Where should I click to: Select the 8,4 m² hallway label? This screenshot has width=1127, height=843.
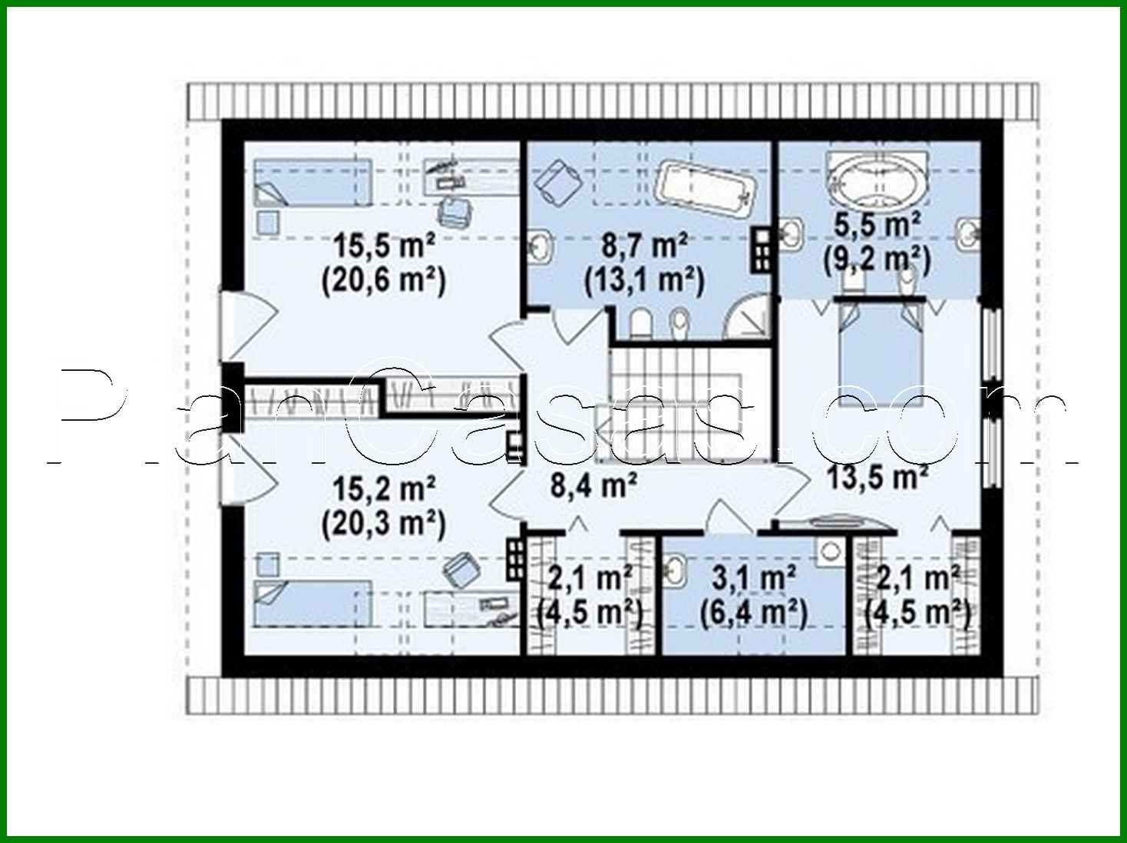coord(593,485)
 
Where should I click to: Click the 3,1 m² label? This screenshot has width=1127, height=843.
coord(752,577)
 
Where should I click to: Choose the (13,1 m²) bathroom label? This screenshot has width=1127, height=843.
coord(644,281)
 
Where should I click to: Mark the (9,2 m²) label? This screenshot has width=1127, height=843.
coord(877,260)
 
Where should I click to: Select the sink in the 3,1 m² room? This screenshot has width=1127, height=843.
coord(676,572)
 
